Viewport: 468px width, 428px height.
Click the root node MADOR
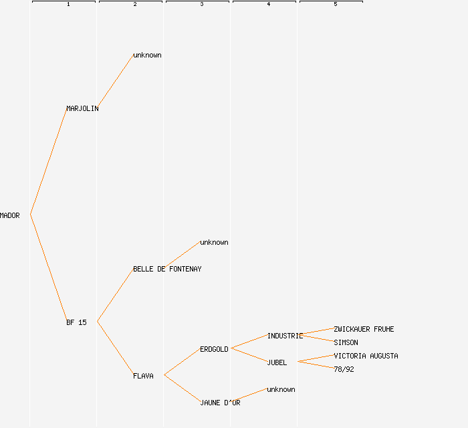coord(10,215)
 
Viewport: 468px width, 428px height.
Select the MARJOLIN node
coord(82,108)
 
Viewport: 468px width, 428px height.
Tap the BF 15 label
coord(76,322)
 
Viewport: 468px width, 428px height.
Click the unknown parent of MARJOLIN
coord(147,55)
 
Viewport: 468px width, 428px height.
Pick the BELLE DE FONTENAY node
coord(167,269)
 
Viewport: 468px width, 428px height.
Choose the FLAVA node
coord(143,376)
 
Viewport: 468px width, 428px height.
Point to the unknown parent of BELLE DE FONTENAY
coord(214,242)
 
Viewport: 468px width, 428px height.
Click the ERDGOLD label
coord(214,349)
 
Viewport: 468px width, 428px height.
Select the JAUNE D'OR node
coord(220,403)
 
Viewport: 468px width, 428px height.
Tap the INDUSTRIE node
coord(285,336)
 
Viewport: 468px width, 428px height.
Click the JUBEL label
coord(277,362)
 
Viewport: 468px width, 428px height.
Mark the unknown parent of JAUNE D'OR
coord(281,389)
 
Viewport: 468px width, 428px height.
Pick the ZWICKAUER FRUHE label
coord(364,329)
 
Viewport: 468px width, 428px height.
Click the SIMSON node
coord(346,342)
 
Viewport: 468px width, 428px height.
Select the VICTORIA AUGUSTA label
coord(366,356)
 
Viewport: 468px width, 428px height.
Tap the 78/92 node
coord(344,369)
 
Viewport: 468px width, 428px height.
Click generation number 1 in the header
coord(68,5)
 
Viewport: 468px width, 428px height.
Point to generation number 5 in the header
coord(335,5)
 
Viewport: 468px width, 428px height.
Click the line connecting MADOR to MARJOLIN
coord(48,162)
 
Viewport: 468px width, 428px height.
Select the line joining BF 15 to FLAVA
coord(115,348)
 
